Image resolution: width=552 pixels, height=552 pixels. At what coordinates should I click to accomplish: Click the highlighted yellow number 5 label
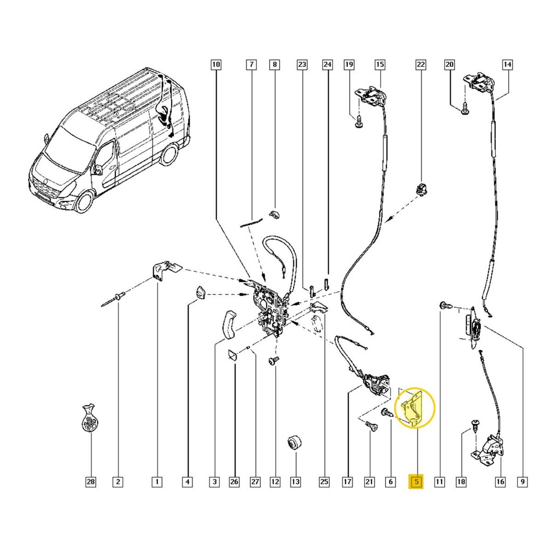click(x=417, y=481)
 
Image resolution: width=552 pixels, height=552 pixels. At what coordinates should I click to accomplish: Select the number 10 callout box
click(x=216, y=65)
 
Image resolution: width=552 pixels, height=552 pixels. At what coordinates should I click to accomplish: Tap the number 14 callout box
click(x=507, y=65)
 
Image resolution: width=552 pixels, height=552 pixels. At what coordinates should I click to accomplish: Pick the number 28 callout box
click(x=91, y=481)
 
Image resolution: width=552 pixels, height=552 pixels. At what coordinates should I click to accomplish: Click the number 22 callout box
click(x=420, y=65)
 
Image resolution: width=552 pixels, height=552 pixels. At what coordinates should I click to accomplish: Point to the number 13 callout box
click(x=296, y=481)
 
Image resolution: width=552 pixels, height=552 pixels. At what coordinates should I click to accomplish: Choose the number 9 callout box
click(x=522, y=481)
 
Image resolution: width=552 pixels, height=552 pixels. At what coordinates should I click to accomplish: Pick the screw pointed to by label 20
click(x=464, y=108)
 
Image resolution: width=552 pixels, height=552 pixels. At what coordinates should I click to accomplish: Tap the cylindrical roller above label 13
click(x=295, y=443)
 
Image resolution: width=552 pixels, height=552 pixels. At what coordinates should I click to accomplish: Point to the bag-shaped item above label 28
click(x=89, y=418)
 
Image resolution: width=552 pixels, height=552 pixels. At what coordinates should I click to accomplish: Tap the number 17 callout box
click(x=347, y=481)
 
